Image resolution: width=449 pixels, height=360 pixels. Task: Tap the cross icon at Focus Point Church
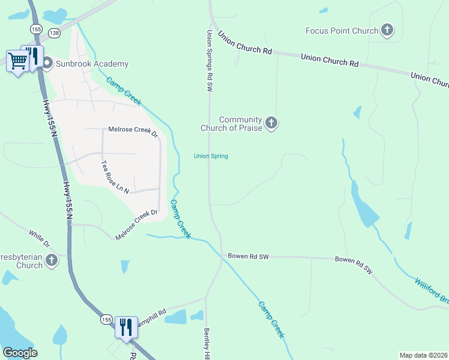pos(387,30)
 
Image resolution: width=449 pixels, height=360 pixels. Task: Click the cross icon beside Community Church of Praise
pos(271,124)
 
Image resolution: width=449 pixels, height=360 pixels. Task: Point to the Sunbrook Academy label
pos(92,64)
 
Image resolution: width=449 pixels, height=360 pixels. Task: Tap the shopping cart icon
pos(17,60)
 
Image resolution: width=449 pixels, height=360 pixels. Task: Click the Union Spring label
pos(211,157)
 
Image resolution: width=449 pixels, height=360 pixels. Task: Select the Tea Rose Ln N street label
pos(115,176)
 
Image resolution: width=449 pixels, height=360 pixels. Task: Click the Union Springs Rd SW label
pos(210,61)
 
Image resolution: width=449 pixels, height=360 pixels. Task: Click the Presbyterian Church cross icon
pos(52,260)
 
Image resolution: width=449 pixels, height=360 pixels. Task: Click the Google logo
pos(20,353)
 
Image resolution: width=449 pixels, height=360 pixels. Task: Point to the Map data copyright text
pos(423,355)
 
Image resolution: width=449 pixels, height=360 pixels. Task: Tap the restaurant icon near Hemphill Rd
pos(126,327)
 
